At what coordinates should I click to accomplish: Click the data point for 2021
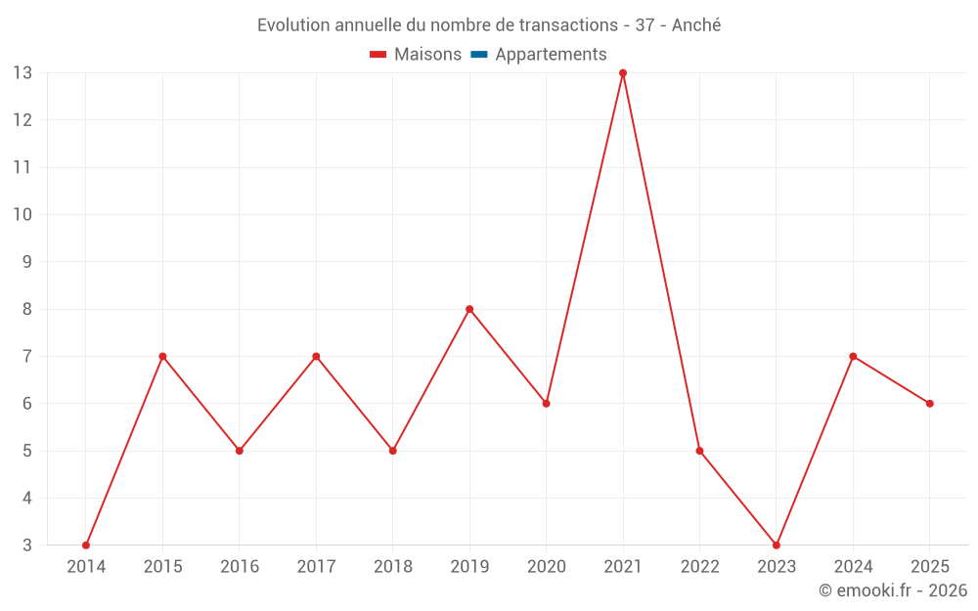(x=622, y=73)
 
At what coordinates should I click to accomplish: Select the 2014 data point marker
(x=86, y=545)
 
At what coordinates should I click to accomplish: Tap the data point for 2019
(x=469, y=309)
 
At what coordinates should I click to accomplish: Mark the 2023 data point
(x=776, y=545)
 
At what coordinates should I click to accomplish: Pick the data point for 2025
(x=929, y=404)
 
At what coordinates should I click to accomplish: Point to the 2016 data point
(x=240, y=450)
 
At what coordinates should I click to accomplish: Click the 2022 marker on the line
(x=699, y=450)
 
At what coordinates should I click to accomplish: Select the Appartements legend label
(x=551, y=55)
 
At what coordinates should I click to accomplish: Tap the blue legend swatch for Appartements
(x=479, y=55)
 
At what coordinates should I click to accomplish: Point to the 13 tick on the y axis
(x=22, y=73)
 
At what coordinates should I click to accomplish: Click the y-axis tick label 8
(x=26, y=309)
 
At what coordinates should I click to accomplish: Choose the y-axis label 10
(x=22, y=214)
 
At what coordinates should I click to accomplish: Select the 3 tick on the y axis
(x=26, y=545)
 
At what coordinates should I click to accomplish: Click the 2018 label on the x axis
(x=393, y=566)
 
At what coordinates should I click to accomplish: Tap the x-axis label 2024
(x=853, y=566)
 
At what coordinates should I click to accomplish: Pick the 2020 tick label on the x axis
(x=547, y=566)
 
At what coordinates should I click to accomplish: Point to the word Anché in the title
(x=696, y=25)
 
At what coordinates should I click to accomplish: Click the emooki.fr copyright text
(x=893, y=589)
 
